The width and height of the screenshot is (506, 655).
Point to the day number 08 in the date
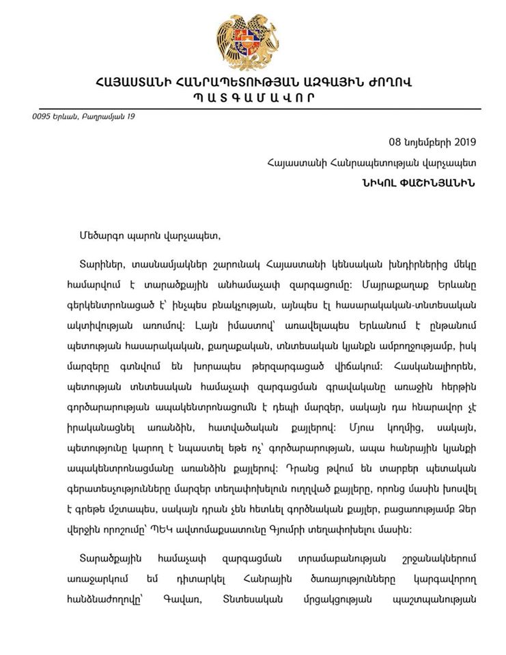(x=395, y=143)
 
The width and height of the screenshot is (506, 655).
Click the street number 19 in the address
(x=130, y=117)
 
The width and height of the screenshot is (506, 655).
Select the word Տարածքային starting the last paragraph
(x=110, y=557)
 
